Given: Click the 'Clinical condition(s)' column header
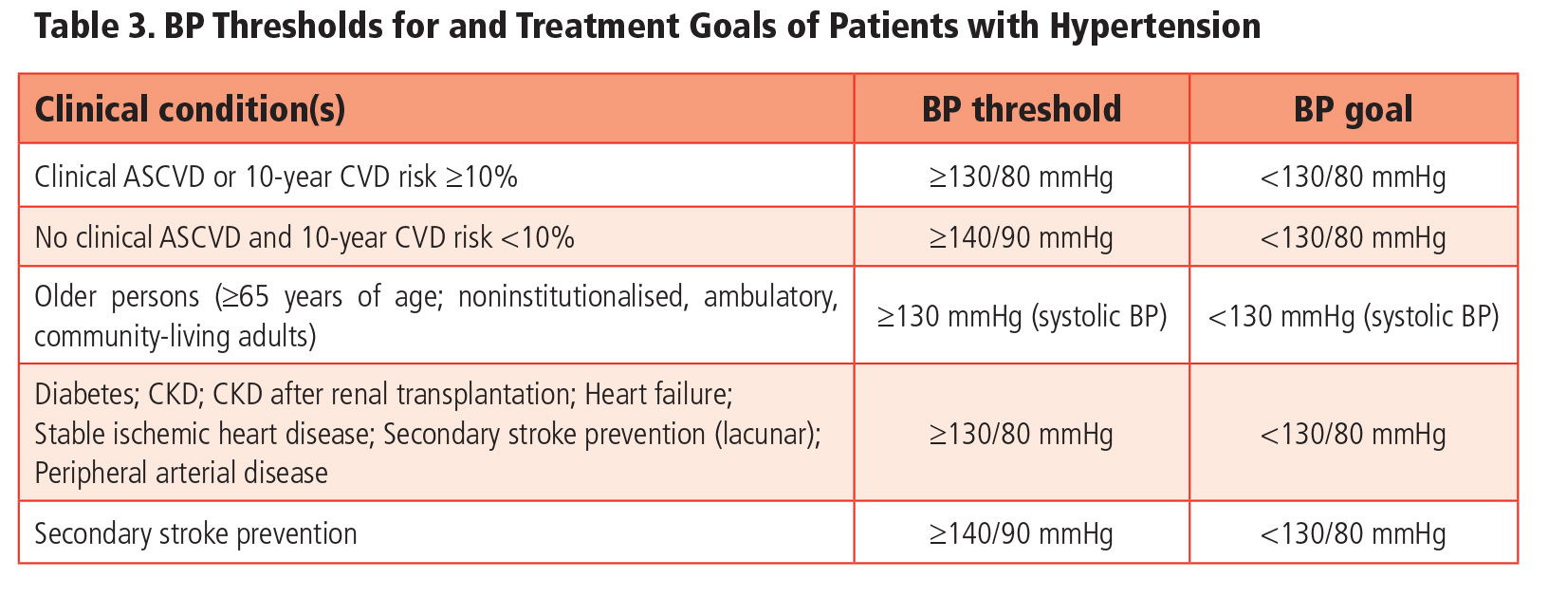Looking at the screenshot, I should [x=190, y=110].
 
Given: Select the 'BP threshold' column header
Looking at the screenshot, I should [x=1022, y=110].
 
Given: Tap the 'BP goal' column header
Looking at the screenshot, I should [x=1353, y=110].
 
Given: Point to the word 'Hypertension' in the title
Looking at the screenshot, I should [x=1154, y=27].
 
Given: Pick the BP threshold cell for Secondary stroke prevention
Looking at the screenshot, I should [x=1021, y=533].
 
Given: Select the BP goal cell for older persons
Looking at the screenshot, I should [x=1353, y=316].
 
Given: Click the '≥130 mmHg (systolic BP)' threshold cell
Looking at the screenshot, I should [x=1022, y=316].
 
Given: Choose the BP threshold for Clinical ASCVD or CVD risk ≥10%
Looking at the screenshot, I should [x=1021, y=177].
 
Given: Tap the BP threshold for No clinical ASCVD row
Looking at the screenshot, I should [x=1021, y=237].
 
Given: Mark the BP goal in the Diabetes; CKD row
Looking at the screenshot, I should [x=1353, y=435].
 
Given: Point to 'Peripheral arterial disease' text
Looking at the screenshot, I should [x=181, y=473].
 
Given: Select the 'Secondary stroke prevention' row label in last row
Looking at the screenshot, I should [x=195, y=533].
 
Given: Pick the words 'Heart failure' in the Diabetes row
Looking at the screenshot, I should [x=657, y=394].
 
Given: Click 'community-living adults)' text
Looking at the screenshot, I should [x=175, y=336].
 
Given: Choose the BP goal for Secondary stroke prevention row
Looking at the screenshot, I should [x=1353, y=533].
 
